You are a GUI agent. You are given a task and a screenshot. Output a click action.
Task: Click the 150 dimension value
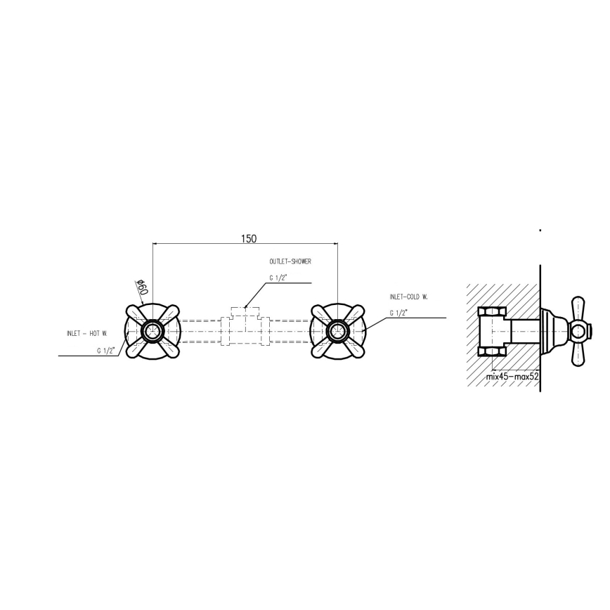click(248, 239)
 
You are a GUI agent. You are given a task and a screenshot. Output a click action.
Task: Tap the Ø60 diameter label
click(141, 287)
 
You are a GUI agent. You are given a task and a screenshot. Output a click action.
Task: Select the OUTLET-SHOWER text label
click(290, 261)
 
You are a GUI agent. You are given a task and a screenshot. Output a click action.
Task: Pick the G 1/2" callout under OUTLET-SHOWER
click(277, 278)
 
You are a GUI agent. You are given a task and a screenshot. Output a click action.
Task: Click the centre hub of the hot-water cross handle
click(152, 331)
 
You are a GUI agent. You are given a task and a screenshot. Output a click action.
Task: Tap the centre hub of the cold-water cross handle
click(338, 331)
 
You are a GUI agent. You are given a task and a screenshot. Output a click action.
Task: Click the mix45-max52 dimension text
click(512, 377)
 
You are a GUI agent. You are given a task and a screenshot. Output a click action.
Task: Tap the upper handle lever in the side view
click(580, 307)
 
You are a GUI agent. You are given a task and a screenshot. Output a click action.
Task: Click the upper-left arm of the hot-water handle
click(136, 312)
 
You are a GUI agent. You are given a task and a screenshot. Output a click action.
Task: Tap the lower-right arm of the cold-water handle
click(355, 349)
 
